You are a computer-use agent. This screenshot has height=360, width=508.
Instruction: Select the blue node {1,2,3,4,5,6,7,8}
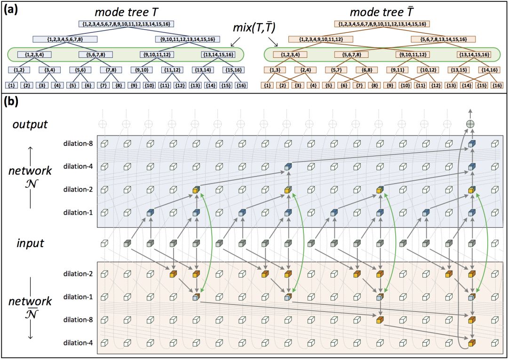click(x=65, y=39)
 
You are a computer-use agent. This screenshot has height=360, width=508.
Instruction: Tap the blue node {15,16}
click(x=233, y=71)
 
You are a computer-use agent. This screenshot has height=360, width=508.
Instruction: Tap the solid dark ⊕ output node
click(x=470, y=124)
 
